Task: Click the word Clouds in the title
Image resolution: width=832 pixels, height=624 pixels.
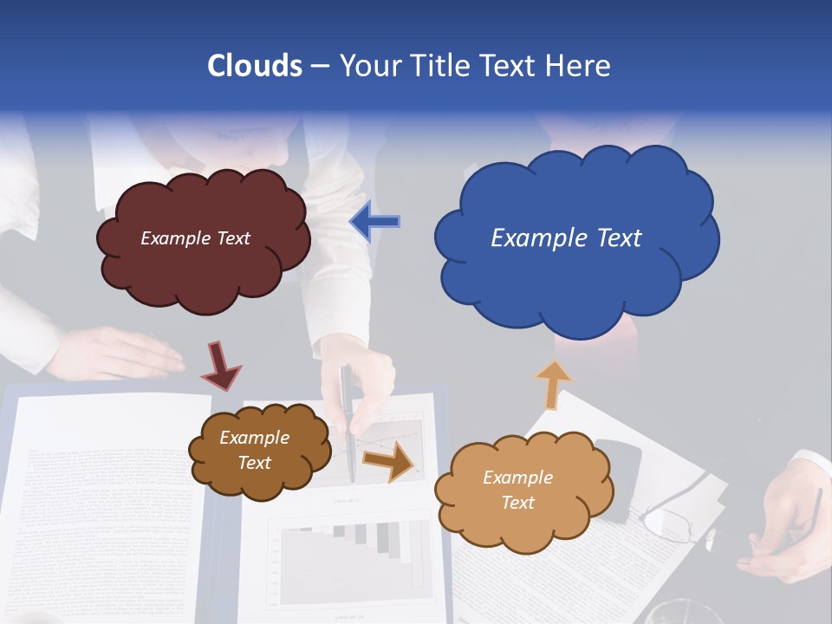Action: coord(255,66)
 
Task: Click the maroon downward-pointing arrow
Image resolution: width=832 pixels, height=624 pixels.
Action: coord(220,365)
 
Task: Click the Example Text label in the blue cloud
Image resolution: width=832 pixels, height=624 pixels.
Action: coord(566,238)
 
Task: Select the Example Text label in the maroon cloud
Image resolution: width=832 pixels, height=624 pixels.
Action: coord(195,238)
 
